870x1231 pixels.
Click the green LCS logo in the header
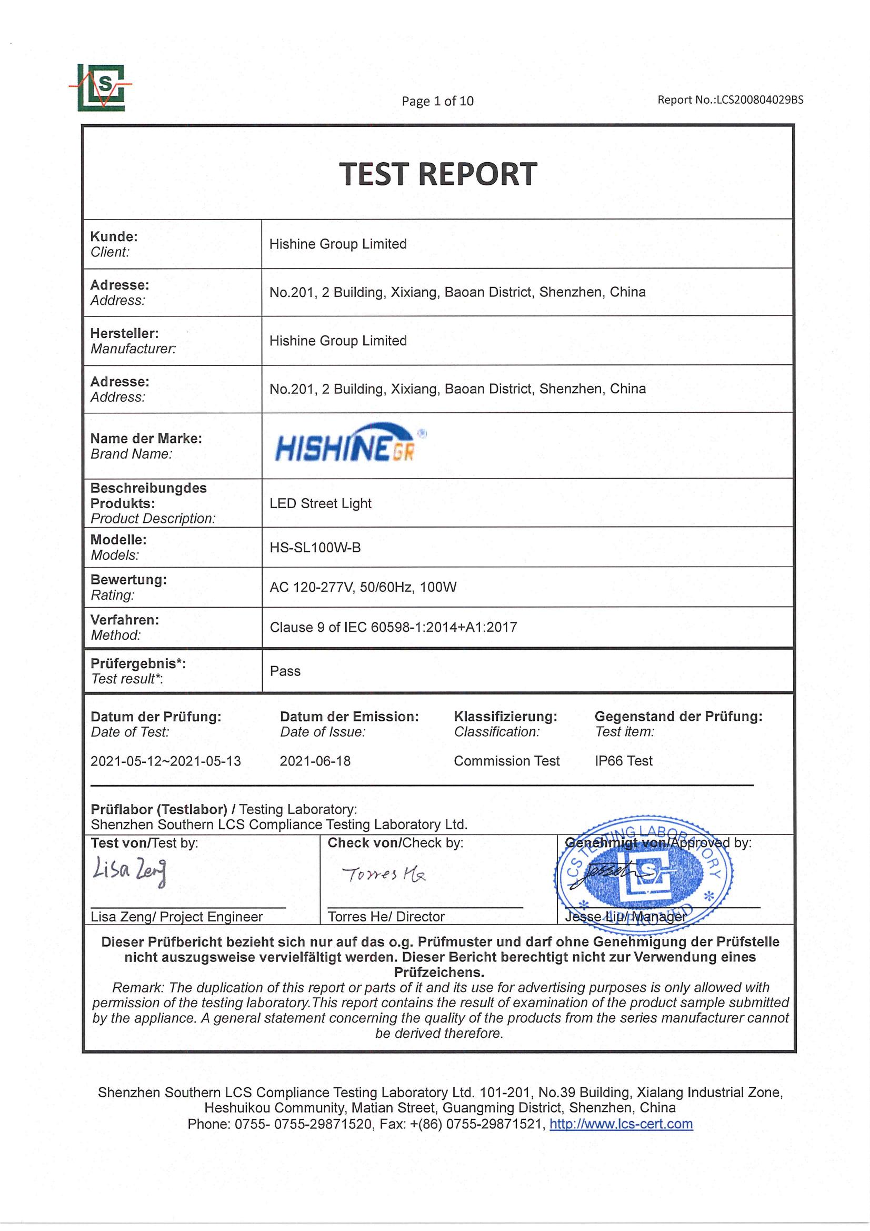pyautogui.click(x=101, y=87)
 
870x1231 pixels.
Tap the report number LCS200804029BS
pyautogui.click(x=730, y=100)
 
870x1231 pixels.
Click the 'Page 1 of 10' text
pyautogui.click(x=437, y=101)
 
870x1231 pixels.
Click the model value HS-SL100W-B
pyautogui.click(x=315, y=548)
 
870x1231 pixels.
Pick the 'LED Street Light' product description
pyautogui.click(x=320, y=503)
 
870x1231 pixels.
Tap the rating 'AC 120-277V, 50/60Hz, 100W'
pyautogui.click(x=363, y=587)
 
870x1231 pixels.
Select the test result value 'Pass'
pyautogui.click(x=285, y=671)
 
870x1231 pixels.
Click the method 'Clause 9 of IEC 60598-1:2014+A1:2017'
pyautogui.click(x=393, y=627)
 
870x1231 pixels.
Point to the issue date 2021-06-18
pyautogui.click(x=315, y=761)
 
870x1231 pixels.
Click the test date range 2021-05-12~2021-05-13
pyautogui.click(x=166, y=761)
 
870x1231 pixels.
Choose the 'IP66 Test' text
pyautogui.click(x=623, y=761)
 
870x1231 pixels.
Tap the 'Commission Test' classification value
pyautogui.click(x=506, y=761)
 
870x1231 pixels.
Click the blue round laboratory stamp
pyautogui.click(x=643, y=876)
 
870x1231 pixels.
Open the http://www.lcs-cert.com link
pyautogui.click(x=621, y=1124)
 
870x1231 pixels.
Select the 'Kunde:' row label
pyautogui.click(x=114, y=236)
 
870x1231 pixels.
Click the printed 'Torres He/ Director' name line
pyautogui.click(x=386, y=916)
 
